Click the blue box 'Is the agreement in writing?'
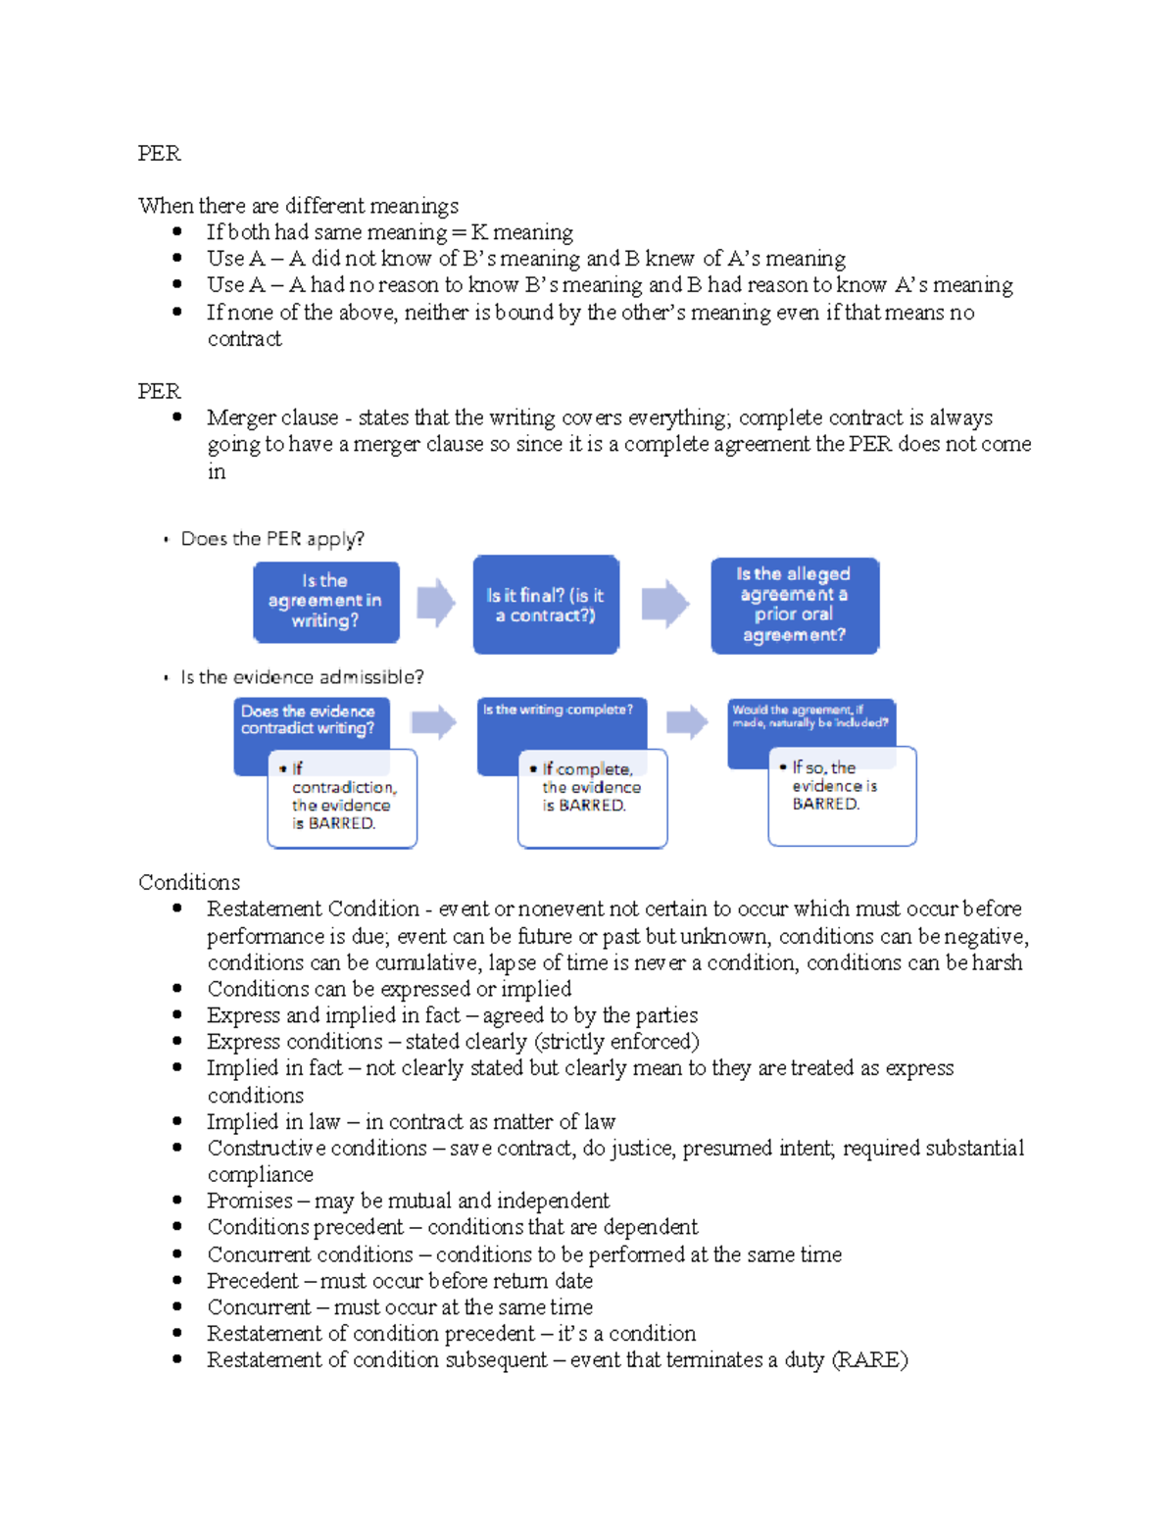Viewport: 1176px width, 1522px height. point(325,602)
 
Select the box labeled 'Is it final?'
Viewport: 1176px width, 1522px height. point(546,605)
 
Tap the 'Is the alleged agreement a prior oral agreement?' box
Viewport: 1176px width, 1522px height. point(794,605)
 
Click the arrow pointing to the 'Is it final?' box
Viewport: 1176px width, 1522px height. point(435,602)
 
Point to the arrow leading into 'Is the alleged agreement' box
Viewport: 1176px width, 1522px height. point(664,603)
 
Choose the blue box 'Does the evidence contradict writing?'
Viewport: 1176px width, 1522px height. point(310,721)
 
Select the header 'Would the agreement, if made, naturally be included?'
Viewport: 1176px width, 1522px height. point(810,717)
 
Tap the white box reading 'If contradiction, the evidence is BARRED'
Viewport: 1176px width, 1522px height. point(343,799)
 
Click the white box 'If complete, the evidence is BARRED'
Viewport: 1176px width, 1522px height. point(592,797)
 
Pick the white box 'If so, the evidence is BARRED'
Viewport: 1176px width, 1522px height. point(841,795)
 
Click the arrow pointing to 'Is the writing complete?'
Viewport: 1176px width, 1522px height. point(433,723)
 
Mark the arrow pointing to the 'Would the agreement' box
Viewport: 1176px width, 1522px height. point(686,722)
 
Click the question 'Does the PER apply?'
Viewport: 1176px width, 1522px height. point(272,539)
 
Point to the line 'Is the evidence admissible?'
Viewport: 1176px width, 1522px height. point(302,677)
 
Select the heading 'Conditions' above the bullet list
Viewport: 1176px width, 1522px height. point(189,882)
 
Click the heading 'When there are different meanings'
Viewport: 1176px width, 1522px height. point(298,206)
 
